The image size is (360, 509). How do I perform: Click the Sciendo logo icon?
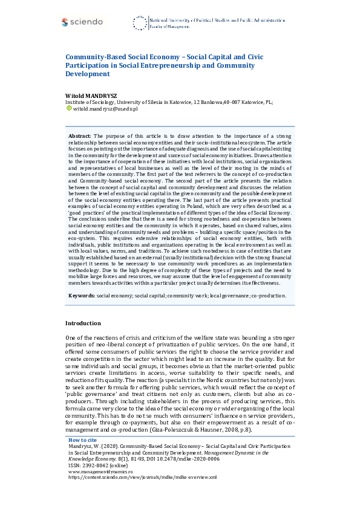(65, 22)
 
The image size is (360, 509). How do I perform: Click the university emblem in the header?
(139, 24)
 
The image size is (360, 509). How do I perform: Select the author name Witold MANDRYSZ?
(91, 96)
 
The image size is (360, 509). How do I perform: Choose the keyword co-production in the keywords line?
(266, 296)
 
